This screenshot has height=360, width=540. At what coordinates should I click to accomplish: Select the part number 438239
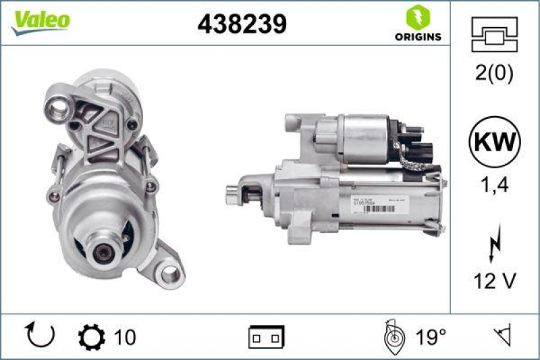click(x=242, y=24)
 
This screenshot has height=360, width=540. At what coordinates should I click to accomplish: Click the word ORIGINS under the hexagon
click(x=418, y=36)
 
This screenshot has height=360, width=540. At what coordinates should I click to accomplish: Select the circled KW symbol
click(x=495, y=143)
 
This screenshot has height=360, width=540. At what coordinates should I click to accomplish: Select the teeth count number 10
click(x=125, y=336)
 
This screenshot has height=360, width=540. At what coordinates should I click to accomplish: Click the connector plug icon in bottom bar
click(x=266, y=336)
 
